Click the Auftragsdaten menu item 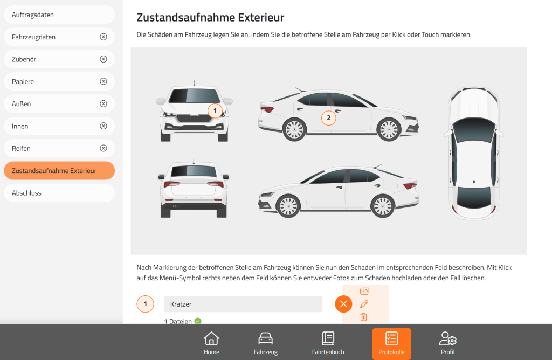point(59,15)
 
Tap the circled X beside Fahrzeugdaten point(103,37)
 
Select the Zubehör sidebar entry point(59,59)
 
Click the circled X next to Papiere point(103,81)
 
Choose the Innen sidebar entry point(59,126)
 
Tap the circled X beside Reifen point(103,148)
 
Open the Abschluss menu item point(59,193)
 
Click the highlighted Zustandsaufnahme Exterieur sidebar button point(59,171)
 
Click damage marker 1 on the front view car point(215,111)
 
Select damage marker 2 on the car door point(328,118)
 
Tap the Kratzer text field point(243,304)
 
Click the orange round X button point(343,304)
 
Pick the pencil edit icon point(364,304)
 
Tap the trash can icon point(364,317)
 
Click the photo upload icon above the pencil point(365,291)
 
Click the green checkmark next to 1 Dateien point(198,321)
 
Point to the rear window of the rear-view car point(194,171)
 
